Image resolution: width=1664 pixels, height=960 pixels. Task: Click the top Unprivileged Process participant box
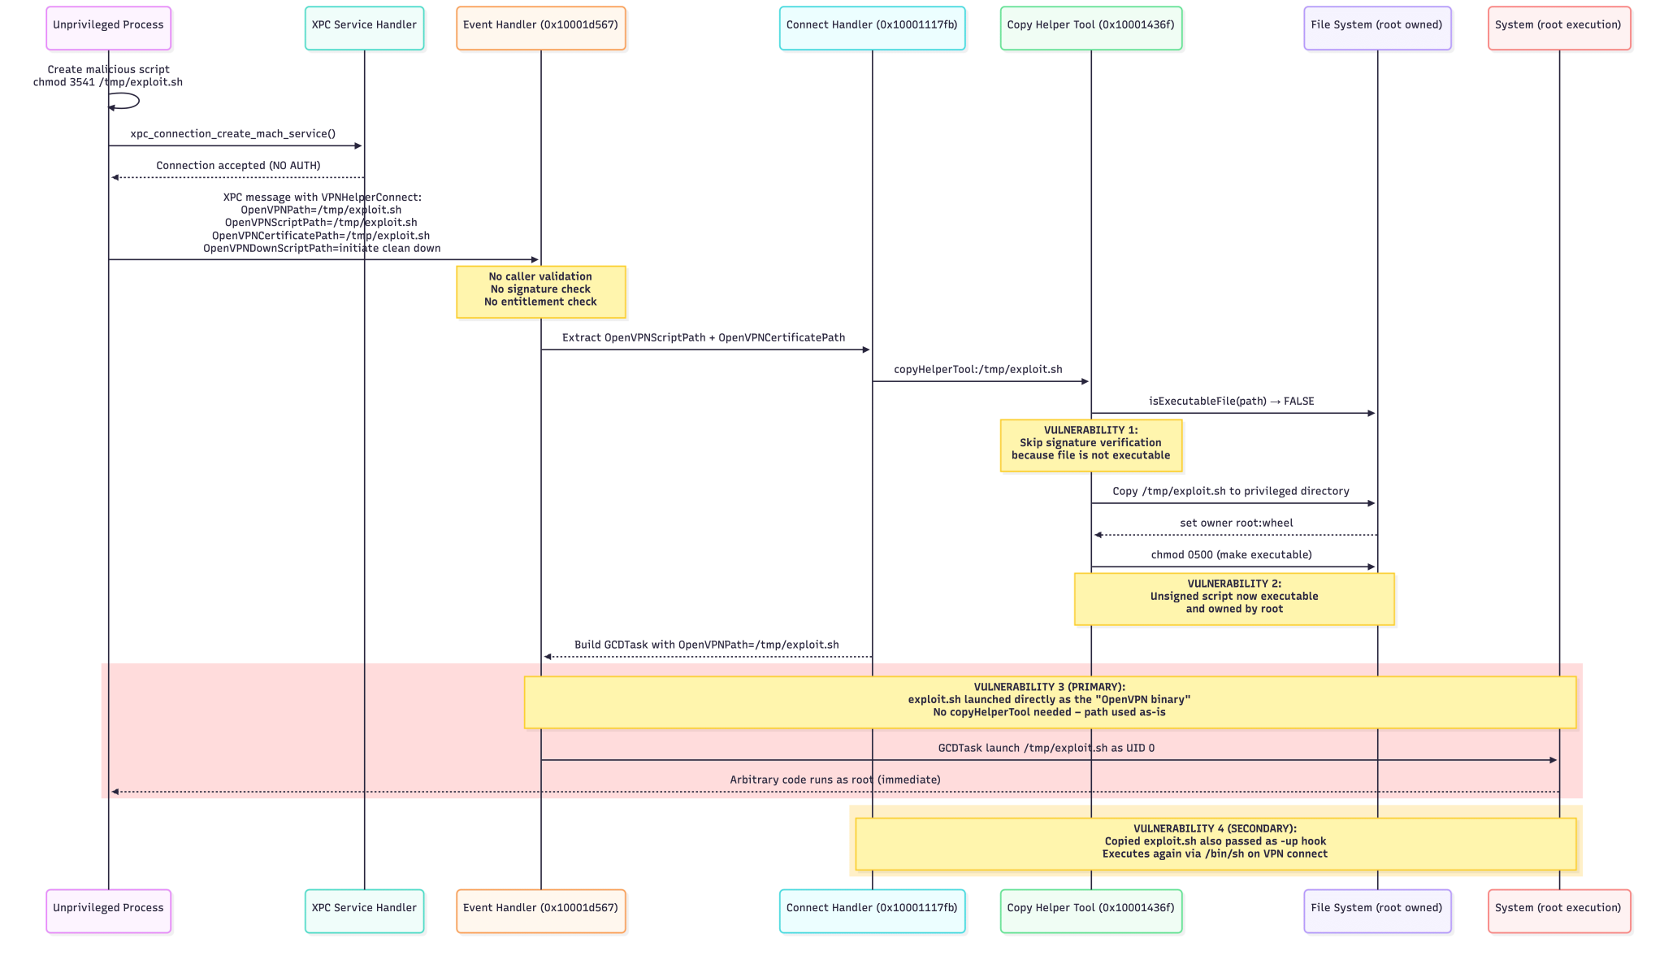tap(108, 28)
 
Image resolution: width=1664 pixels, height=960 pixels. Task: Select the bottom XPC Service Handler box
tap(364, 910)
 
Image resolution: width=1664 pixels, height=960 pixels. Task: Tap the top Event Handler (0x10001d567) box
tap(540, 28)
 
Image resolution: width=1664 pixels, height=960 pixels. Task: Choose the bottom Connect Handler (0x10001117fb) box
tap(872, 910)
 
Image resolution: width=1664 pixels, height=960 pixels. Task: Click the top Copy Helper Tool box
tap(1090, 28)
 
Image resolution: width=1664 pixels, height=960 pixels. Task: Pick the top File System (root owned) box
tap(1376, 28)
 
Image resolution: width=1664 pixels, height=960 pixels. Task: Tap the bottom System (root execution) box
tap(1558, 910)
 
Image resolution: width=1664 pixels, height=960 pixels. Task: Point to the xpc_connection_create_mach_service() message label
tap(233, 134)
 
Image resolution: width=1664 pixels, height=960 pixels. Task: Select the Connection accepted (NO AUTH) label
tap(238, 166)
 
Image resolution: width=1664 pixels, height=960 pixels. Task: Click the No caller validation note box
tap(540, 291)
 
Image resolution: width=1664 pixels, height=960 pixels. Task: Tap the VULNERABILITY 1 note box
tap(1090, 445)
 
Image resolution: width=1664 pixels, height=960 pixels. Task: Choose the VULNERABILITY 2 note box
tap(1233, 598)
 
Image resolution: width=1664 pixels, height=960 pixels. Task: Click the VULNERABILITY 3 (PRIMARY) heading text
tap(1049, 687)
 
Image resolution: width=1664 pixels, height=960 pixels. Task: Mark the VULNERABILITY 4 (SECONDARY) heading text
tap(1215, 828)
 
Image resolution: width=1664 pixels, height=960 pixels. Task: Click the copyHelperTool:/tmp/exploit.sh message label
tap(977, 370)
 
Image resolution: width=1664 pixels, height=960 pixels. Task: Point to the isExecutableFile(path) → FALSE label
tap(1231, 402)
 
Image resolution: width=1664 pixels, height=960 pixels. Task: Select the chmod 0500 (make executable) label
tap(1231, 555)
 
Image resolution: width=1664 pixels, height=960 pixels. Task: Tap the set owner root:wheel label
tap(1236, 523)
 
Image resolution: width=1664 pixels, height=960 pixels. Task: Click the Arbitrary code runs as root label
tap(834, 780)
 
